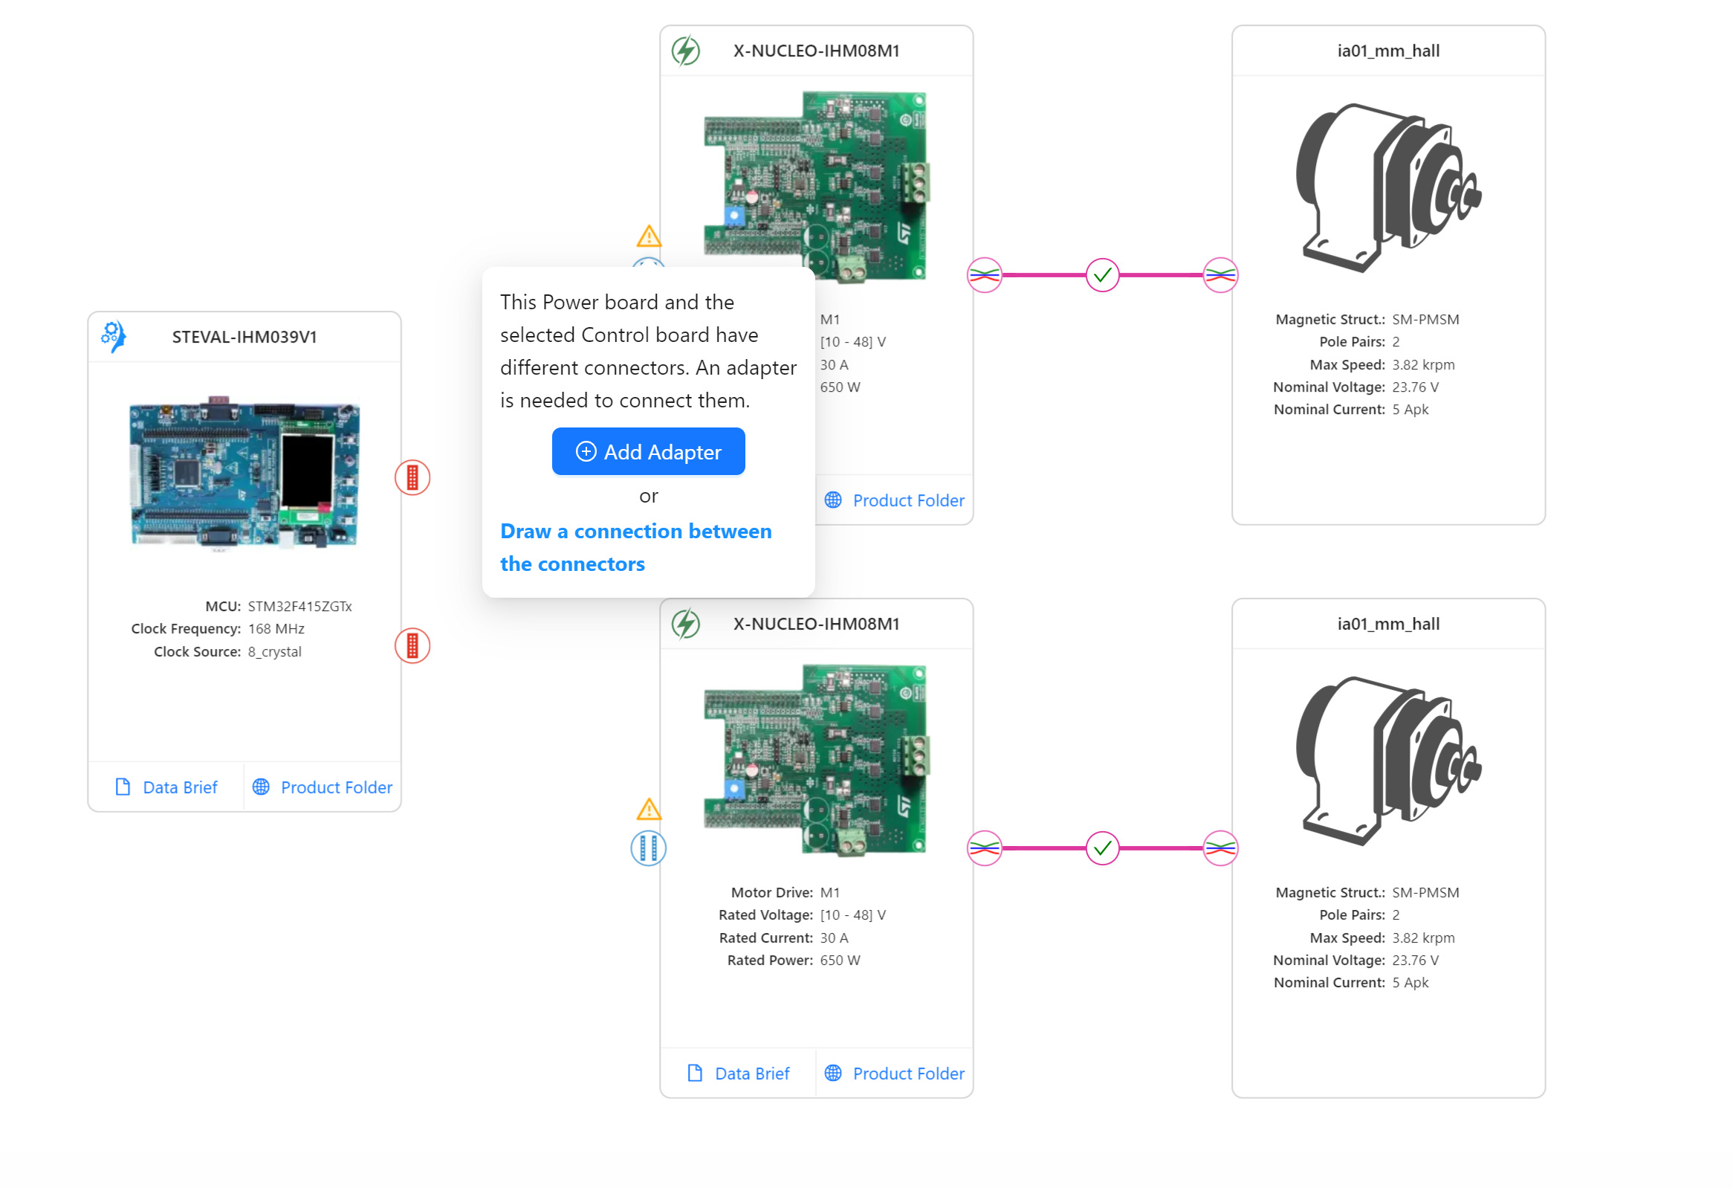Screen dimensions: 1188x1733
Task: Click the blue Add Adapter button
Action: tap(647, 451)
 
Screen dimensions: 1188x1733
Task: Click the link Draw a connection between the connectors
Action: tap(635, 546)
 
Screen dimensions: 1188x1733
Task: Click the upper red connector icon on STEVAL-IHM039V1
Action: tap(412, 477)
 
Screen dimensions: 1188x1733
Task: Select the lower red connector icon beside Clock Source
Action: tap(412, 646)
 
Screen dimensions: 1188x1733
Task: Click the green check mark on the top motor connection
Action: tap(1101, 275)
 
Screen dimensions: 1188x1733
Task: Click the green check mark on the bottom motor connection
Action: tap(1101, 848)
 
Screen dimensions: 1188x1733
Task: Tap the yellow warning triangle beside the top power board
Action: tap(649, 237)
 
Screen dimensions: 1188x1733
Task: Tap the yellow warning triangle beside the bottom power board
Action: tap(649, 810)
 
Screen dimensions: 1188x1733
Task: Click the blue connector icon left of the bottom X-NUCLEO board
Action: tap(648, 848)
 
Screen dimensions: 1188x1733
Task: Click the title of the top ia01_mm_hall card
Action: tap(1387, 51)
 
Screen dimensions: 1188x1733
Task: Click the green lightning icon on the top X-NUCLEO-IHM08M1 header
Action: tap(685, 51)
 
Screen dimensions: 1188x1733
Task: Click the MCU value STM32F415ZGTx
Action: tap(299, 607)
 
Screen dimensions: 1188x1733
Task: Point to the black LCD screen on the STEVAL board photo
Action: tap(306, 470)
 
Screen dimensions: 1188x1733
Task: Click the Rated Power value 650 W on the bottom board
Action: tap(840, 960)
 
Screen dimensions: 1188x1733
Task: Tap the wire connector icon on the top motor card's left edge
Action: tap(1220, 275)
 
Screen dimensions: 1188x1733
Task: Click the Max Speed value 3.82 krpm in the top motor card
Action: tap(1423, 365)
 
